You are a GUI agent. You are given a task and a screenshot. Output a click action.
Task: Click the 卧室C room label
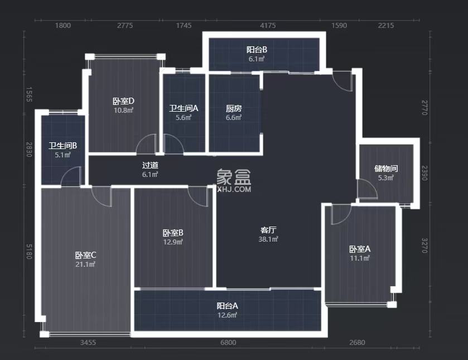coord(86,255)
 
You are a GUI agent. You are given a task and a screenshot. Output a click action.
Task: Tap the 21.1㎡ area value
coord(86,264)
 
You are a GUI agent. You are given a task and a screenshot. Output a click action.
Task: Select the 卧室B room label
coord(173,233)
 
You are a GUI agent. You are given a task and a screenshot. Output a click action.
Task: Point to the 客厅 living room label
coord(269,230)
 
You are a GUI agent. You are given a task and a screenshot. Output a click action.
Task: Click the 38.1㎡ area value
coord(269,239)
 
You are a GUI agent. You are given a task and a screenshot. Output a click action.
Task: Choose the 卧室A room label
coord(360,249)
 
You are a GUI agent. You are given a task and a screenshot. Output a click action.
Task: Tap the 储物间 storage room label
coord(386,169)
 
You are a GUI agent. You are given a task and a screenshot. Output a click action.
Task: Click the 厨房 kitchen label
coord(234,109)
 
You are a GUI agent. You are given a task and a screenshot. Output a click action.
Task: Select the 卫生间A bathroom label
coord(184,109)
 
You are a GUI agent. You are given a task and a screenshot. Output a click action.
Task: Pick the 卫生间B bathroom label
coord(62,146)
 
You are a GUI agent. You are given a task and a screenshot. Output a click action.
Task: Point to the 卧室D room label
coord(123,101)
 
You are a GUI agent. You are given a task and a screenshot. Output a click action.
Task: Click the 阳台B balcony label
coord(257,50)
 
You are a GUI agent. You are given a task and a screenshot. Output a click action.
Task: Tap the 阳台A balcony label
coord(228,306)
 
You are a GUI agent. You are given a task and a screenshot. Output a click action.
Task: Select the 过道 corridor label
coord(150,165)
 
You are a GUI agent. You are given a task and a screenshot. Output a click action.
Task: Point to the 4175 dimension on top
coord(268,25)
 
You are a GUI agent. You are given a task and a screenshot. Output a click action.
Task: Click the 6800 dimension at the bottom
coord(228,342)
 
